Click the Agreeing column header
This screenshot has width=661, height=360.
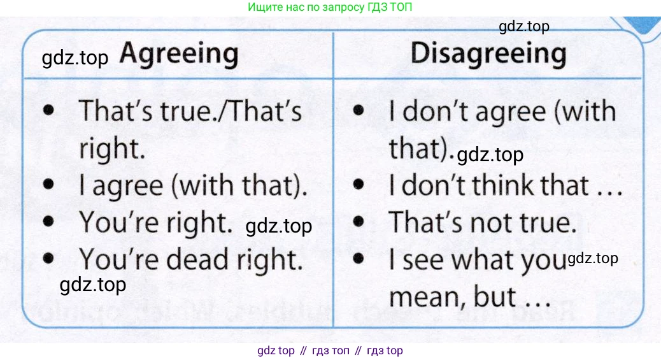179,55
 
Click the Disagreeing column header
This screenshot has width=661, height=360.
488,55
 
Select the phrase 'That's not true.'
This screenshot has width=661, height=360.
482,222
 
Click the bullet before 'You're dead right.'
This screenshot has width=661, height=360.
48,258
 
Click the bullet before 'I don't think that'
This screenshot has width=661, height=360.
359,184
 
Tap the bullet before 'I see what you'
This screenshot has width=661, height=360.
359,258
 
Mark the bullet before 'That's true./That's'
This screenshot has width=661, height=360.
48,110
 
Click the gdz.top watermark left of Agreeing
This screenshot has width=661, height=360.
75,58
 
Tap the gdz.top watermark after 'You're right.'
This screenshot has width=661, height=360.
279,226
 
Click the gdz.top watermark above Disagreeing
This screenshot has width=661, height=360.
524,27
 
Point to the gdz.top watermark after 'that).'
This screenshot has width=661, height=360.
490,155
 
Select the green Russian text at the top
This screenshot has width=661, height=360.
330,7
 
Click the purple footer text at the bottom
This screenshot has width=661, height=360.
330,350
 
